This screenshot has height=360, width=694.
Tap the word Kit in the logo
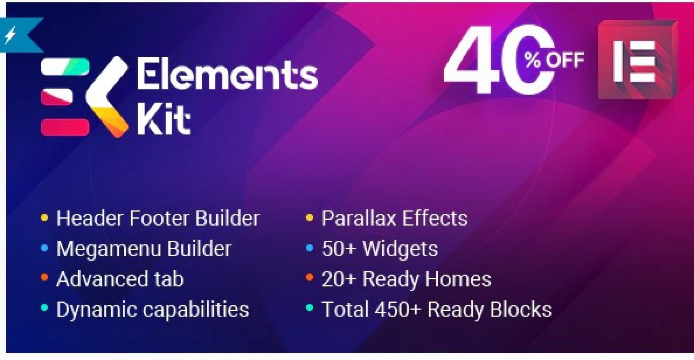(163, 120)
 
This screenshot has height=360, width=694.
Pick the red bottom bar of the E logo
(65, 127)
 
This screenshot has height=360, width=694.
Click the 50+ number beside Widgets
(339, 249)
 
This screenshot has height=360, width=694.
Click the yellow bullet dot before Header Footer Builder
(44, 218)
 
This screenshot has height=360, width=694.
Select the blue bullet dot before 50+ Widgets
(309, 248)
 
